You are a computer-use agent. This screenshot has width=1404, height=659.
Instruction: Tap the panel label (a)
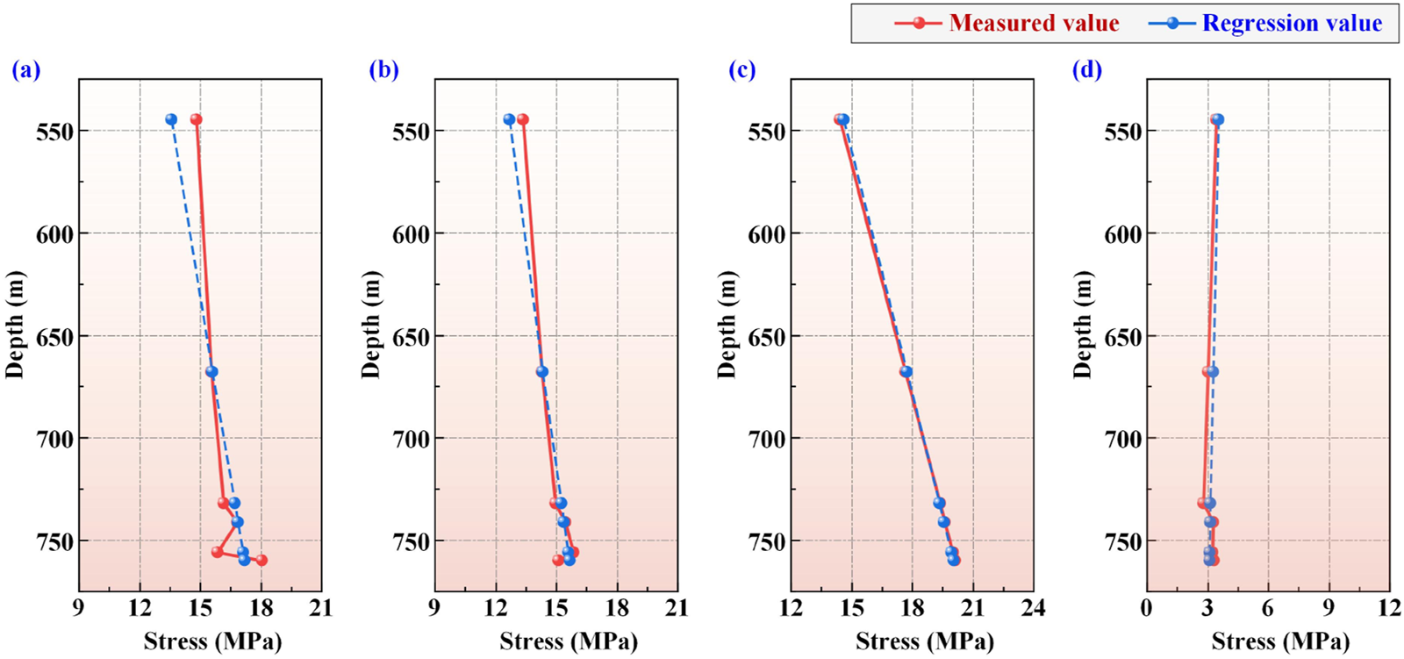[26, 69]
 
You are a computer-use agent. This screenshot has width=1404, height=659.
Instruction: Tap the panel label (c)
[741, 69]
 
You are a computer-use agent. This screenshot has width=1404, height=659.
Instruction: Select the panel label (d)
[1086, 69]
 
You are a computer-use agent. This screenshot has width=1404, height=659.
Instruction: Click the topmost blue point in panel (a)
[171, 119]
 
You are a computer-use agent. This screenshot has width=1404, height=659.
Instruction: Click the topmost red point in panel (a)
[197, 119]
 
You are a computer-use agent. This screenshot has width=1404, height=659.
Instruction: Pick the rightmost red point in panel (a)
[261, 560]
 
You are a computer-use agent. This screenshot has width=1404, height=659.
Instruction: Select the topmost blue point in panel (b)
[509, 119]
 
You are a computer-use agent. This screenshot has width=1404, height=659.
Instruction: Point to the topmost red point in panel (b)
[523, 119]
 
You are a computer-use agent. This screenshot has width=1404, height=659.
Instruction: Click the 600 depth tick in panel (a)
[54, 234]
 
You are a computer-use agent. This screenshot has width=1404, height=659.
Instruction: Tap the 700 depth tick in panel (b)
[411, 439]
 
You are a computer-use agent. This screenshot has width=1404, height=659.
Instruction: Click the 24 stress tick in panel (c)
[1033, 608]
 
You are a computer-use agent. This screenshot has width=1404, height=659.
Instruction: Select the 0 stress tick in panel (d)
[1147, 608]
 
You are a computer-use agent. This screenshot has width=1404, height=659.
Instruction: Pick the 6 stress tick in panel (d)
[1268, 608]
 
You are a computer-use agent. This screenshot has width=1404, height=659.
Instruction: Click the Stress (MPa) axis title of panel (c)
[925, 641]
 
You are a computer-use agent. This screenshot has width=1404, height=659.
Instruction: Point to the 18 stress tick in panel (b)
[617, 608]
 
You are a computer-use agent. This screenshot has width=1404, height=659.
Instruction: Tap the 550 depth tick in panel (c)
[767, 132]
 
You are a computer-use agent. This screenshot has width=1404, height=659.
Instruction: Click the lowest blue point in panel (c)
[954, 560]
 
